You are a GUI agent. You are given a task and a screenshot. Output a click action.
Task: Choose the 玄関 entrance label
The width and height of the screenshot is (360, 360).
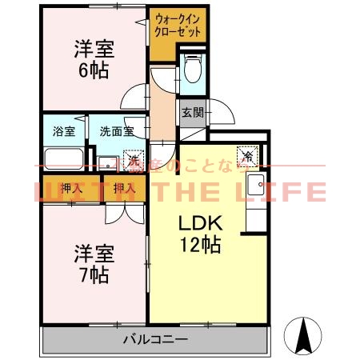(191, 113)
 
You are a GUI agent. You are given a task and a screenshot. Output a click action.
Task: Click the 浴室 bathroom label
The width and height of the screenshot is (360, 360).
(63, 130)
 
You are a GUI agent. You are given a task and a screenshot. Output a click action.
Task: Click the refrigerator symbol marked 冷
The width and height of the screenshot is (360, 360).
(248, 156)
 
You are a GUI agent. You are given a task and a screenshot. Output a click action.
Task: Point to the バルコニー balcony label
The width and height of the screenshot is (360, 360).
(150, 340)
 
